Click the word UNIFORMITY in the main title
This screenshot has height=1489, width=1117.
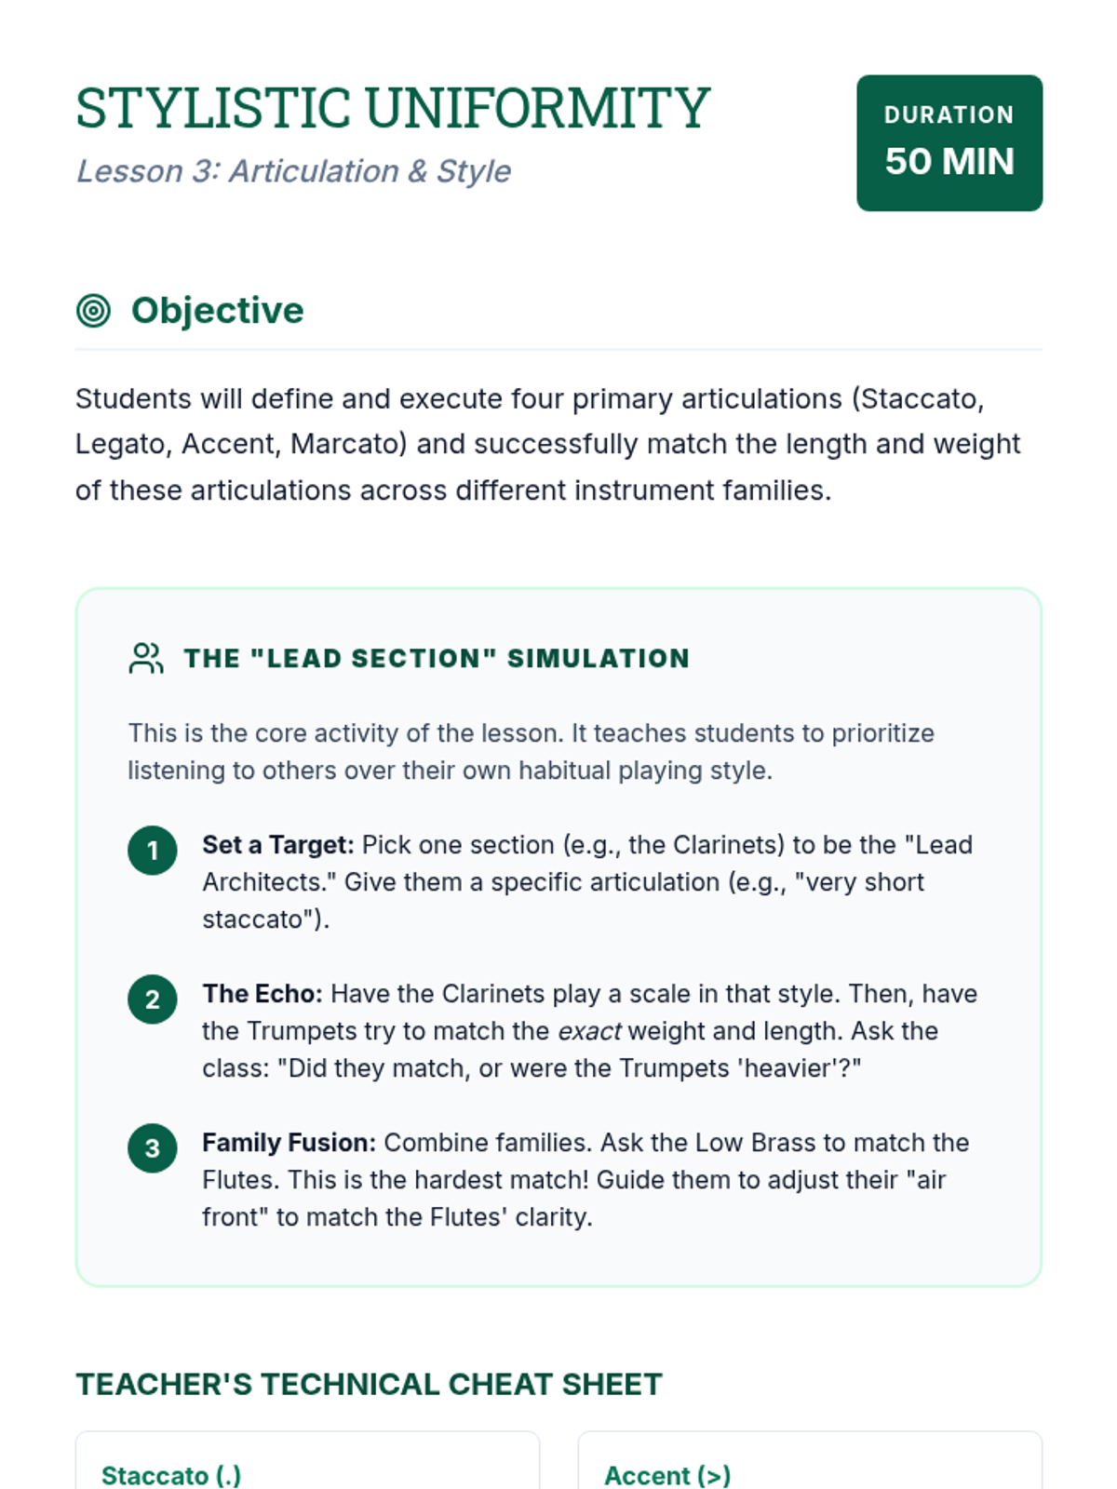(x=537, y=109)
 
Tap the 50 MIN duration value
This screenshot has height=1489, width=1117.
(x=949, y=162)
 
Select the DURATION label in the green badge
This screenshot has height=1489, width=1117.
(x=949, y=114)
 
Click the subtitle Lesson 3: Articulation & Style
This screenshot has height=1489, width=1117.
(x=293, y=171)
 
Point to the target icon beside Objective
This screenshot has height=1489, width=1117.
(x=93, y=311)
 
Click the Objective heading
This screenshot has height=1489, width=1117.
(x=217, y=311)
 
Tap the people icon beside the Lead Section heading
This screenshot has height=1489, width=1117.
(x=146, y=658)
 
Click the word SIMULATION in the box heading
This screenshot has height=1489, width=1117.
(x=598, y=659)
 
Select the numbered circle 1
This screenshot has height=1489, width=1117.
(x=153, y=851)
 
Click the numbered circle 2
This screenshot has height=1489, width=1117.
(x=153, y=999)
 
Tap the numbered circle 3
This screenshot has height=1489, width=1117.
(x=153, y=1148)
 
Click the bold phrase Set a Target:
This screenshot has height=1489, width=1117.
(x=277, y=845)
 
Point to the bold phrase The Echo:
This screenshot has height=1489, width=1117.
(x=262, y=994)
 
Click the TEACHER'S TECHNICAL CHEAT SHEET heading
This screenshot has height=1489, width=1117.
(x=369, y=1385)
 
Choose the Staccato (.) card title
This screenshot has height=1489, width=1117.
(x=171, y=1475)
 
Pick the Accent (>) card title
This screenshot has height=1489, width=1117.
(x=667, y=1475)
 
